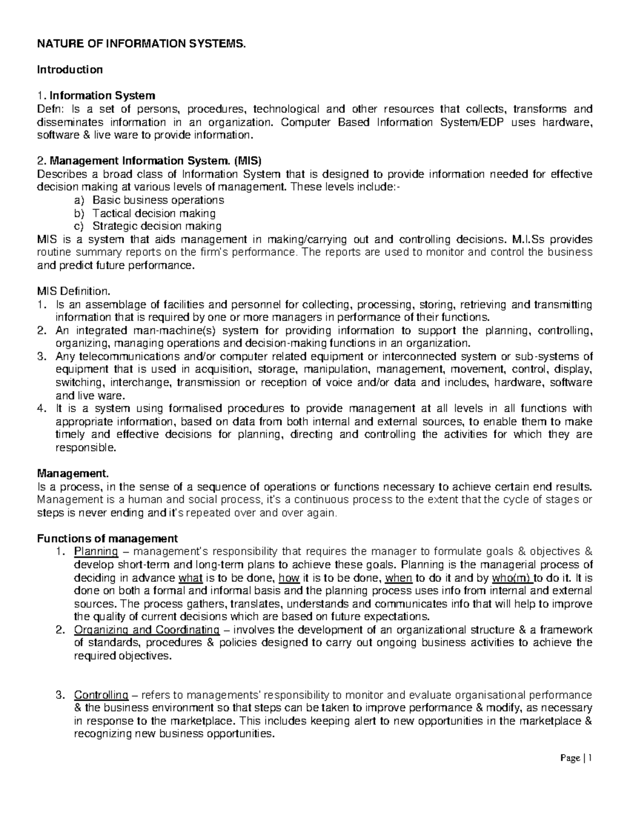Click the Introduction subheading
point(69,70)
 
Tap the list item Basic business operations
point(158,200)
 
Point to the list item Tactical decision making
point(154,214)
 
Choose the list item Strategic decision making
point(157,227)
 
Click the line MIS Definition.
point(73,291)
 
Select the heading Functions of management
point(107,539)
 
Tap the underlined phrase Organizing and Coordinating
point(146,630)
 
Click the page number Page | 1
point(576,758)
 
